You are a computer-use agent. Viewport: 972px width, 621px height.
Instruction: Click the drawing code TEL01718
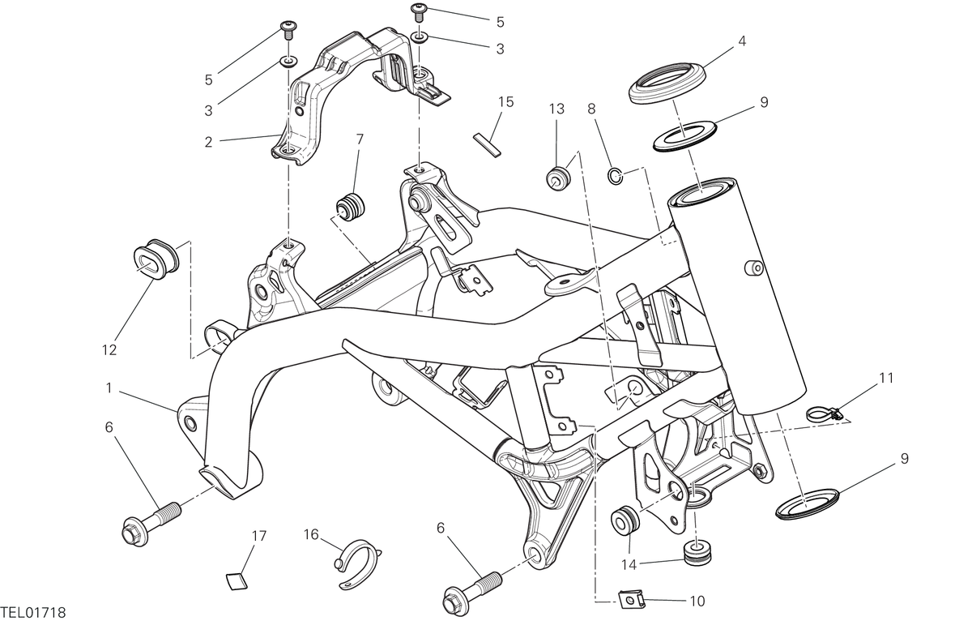coord(33,613)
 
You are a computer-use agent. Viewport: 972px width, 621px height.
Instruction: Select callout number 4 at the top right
coord(742,41)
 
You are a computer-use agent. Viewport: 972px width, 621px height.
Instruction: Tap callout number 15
coord(506,102)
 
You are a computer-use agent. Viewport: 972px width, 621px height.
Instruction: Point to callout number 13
coord(556,109)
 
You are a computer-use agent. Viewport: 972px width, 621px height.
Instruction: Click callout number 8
coord(591,109)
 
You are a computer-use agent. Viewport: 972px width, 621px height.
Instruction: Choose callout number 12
coord(109,350)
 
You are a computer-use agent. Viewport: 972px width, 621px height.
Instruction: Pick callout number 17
coord(259,537)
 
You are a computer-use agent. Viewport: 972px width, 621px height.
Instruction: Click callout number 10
coord(697,602)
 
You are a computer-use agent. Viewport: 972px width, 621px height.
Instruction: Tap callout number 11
coord(886,379)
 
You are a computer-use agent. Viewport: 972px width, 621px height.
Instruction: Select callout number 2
coord(209,142)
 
